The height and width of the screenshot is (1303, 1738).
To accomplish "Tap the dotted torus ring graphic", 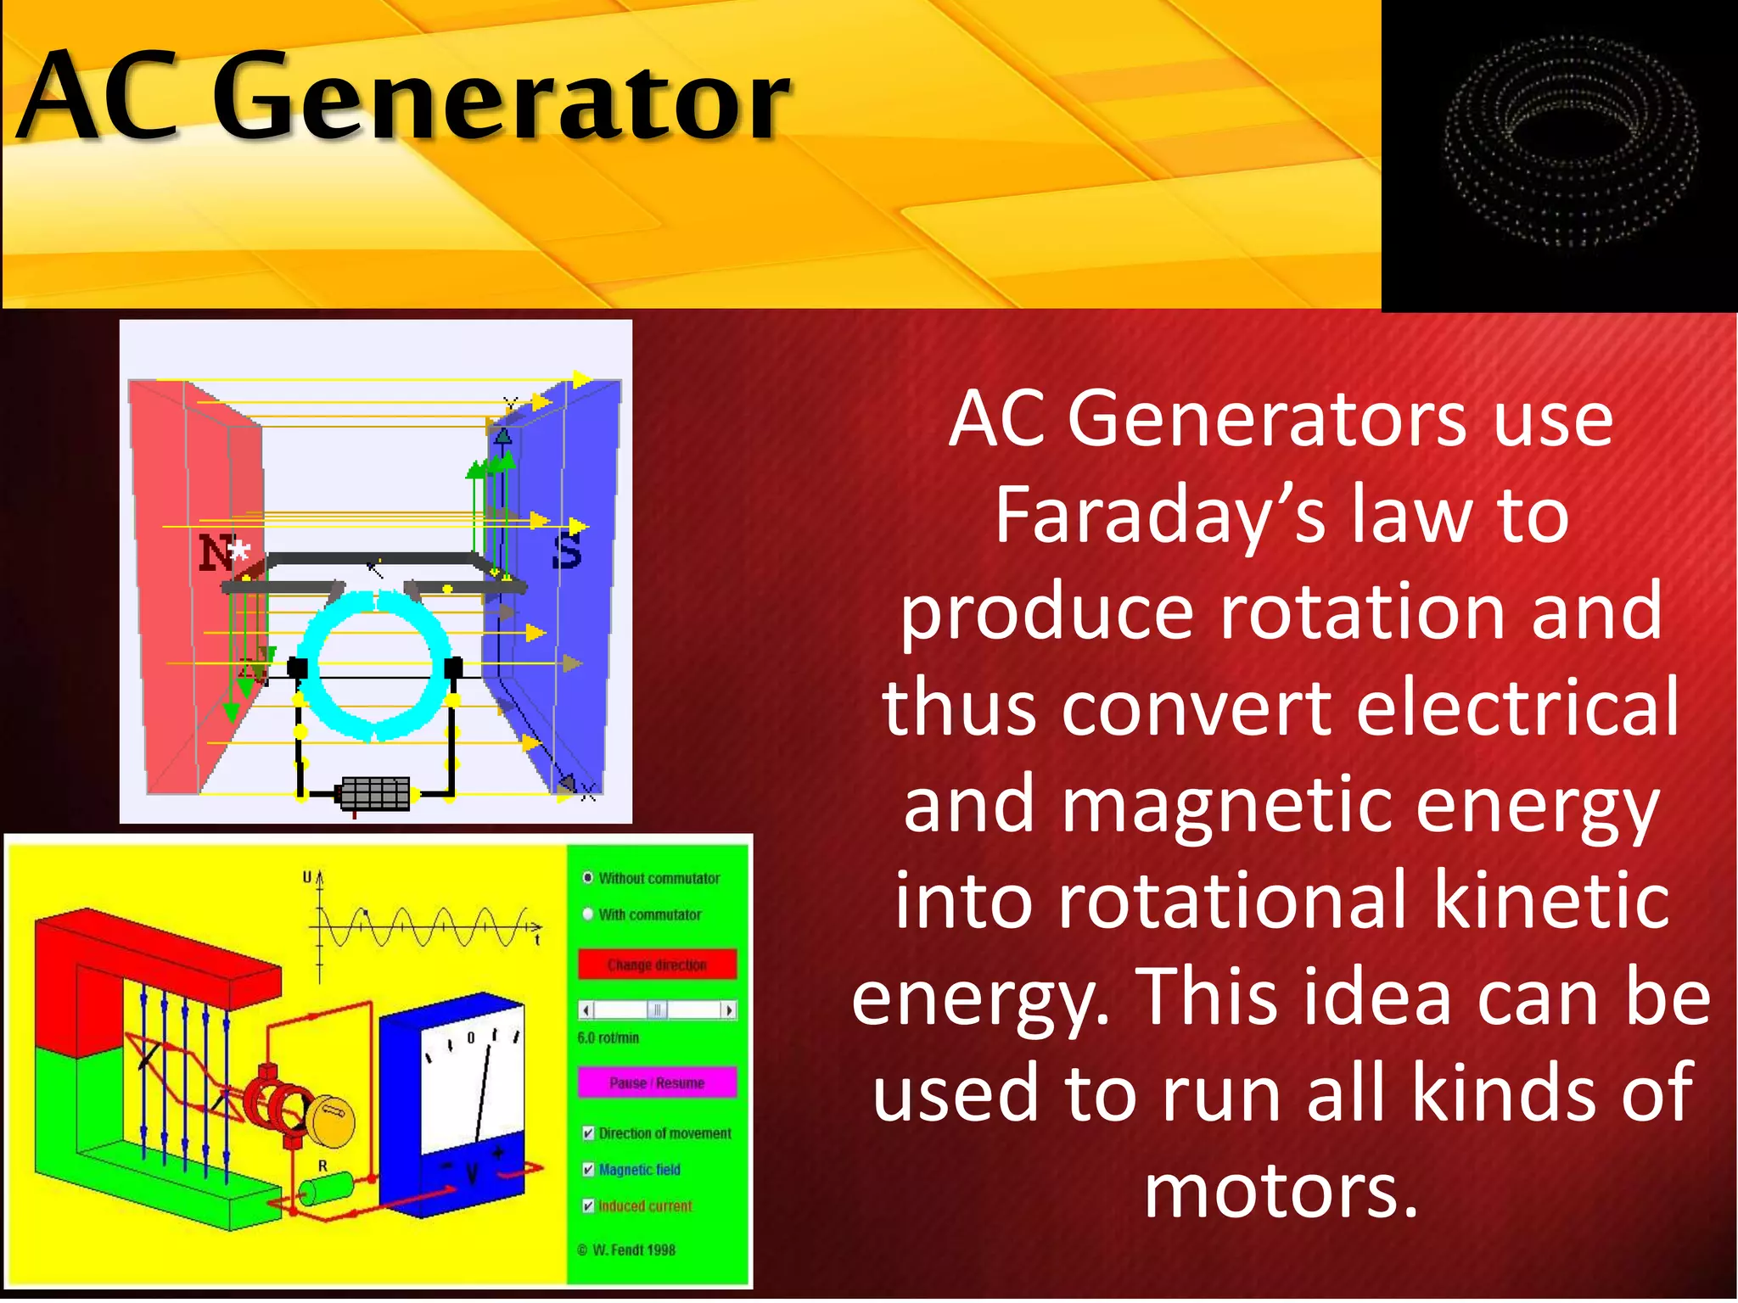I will (x=1570, y=140).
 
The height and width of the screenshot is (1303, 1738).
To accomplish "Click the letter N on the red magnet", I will (x=216, y=552).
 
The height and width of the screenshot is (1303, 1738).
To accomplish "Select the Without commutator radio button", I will (x=588, y=877).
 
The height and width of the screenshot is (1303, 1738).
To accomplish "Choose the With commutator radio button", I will (x=588, y=914).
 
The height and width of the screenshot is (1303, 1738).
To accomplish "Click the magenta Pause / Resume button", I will (x=657, y=1082).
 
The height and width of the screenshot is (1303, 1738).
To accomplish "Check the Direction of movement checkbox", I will (x=588, y=1133).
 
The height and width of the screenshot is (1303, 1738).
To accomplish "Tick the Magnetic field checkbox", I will (x=588, y=1170).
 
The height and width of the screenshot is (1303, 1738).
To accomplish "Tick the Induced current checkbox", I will (x=588, y=1206).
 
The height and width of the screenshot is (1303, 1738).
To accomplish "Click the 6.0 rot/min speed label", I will (x=608, y=1037).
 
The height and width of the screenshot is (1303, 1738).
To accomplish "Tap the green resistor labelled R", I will (x=328, y=1188).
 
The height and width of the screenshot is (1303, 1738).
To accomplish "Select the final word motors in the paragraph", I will (x=1281, y=1191).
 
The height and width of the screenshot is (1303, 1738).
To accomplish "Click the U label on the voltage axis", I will (x=307, y=877).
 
